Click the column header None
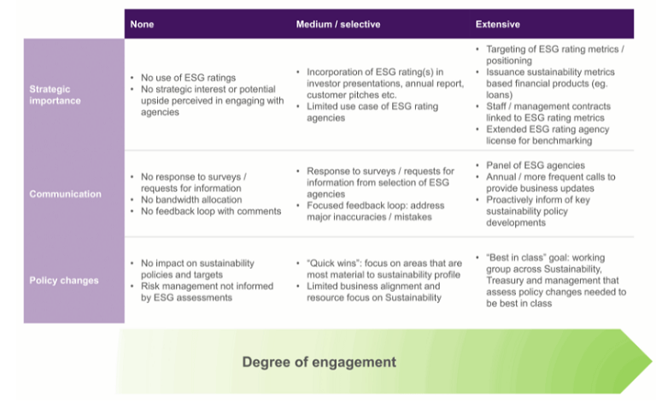click(142, 24)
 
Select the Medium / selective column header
click(338, 24)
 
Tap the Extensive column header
click(497, 24)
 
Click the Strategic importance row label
click(55, 95)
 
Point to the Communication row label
click(65, 194)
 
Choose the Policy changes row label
click(64, 281)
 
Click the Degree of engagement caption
click(319, 362)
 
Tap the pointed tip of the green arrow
click(652, 361)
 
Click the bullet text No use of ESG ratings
click(188, 78)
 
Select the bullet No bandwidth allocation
click(191, 200)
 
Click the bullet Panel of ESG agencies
click(536, 165)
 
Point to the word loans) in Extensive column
click(499, 95)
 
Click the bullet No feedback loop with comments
click(211, 211)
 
